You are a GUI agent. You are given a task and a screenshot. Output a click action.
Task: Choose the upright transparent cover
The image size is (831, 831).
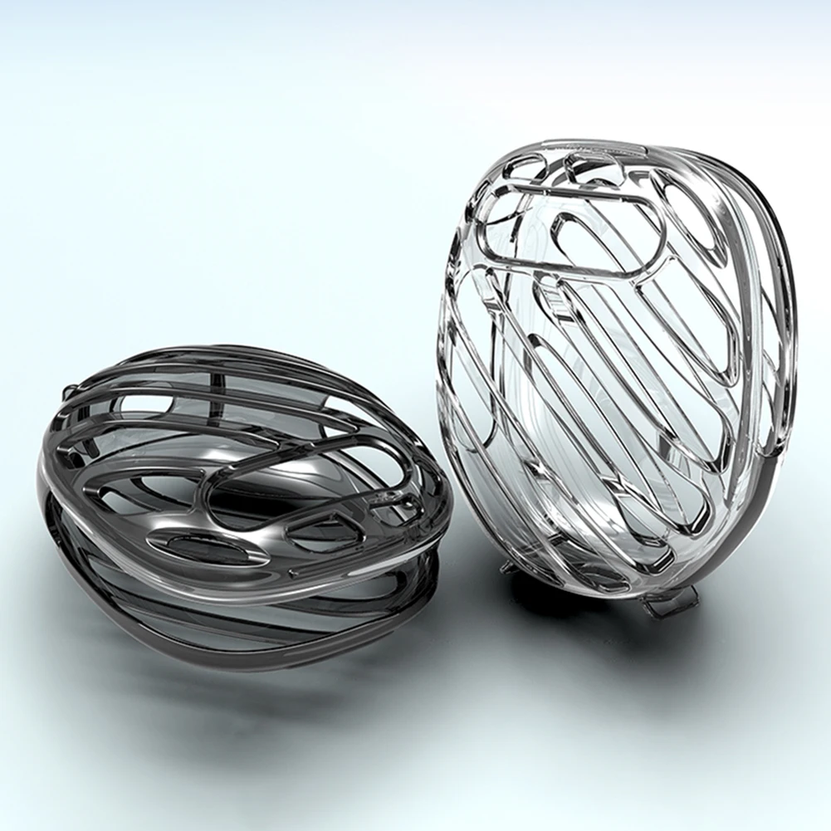tap(614, 365)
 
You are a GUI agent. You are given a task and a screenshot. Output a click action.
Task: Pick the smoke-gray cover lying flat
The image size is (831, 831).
tap(241, 506)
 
